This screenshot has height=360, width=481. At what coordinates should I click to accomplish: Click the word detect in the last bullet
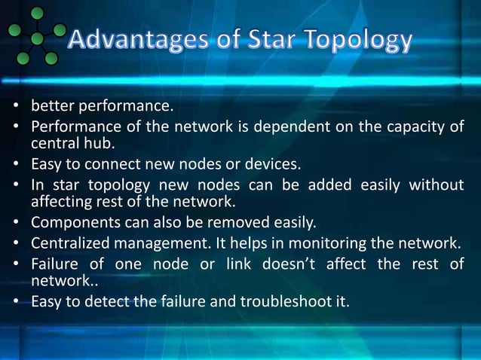[98, 301]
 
